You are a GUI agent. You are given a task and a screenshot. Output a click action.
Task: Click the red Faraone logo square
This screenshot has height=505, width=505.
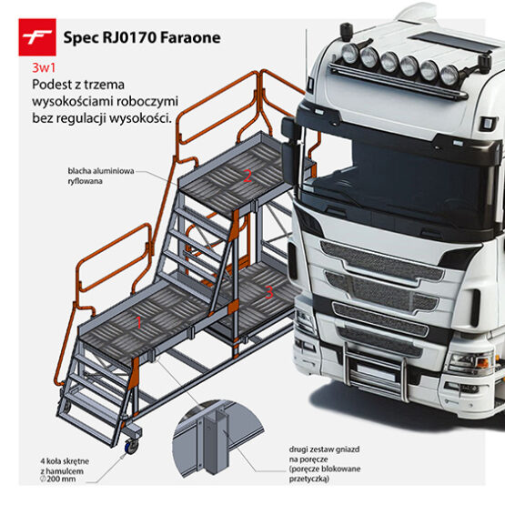click(37, 37)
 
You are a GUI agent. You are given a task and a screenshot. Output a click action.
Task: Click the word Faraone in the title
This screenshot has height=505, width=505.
click(190, 37)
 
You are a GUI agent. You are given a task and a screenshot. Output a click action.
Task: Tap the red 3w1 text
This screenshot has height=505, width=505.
click(44, 68)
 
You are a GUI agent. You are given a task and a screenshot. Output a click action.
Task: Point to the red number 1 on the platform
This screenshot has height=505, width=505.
click(139, 322)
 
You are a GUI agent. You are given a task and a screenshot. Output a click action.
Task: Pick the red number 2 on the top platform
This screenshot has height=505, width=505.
click(247, 177)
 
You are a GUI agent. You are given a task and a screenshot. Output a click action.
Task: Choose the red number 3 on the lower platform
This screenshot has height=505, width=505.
click(269, 292)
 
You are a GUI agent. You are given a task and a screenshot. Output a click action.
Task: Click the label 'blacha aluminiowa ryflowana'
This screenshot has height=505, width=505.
click(101, 176)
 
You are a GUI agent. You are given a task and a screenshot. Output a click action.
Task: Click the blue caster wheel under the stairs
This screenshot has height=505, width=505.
click(131, 447)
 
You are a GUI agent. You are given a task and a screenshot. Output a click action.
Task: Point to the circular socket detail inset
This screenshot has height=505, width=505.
click(218, 438)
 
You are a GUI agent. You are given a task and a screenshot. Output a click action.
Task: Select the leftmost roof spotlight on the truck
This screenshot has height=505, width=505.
click(350, 53)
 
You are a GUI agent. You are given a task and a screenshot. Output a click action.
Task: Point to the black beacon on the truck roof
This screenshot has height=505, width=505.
click(347, 32)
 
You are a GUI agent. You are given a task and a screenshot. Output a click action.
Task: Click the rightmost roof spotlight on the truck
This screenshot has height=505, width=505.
click(449, 75)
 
